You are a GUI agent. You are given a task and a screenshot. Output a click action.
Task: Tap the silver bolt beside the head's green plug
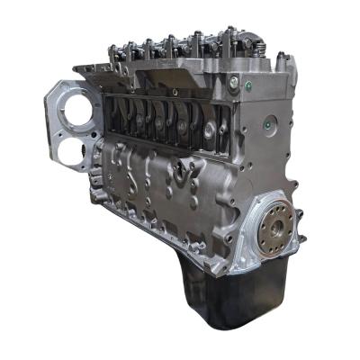(245, 87)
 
